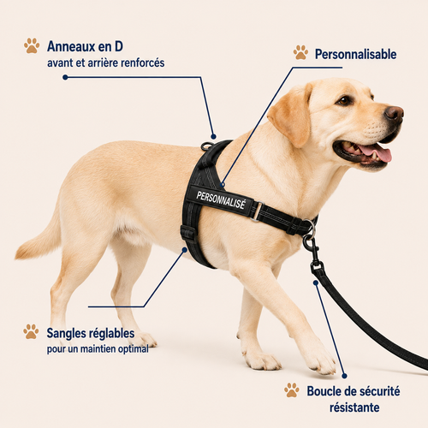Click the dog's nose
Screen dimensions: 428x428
pyautogui.click(x=395, y=113)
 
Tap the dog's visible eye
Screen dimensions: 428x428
pyautogui.click(x=344, y=100)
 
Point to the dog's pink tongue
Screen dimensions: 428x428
pyautogui.click(x=376, y=152)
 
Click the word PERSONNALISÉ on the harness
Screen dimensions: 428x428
pyautogui.click(x=221, y=200)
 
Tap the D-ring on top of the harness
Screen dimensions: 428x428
pyautogui.click(x=207, y=146)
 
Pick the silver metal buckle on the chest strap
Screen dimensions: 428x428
pyautogui.click(x=258, y=211)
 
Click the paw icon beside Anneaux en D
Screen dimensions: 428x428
pyautogui.click(x=32, y=45)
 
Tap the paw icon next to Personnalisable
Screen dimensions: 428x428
pyautogui.click(x=300, y=52)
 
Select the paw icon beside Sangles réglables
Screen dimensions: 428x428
pyautogui.click(x=31, y=331)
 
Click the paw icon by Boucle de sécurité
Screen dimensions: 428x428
pyautogui.click(x=292, y=389)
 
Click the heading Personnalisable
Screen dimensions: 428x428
pyautogui.click(x=355, y=54)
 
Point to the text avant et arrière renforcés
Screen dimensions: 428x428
pyautogui.click(x=106, y=63)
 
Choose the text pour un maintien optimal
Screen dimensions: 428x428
pyautogui.click(x=98, y=349)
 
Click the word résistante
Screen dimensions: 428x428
pyautogui.click(x=354, y=407)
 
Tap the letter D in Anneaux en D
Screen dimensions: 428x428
pyautogui.click(x=119, y=46)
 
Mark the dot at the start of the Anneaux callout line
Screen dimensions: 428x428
pyautogui.click(x=65, y=77)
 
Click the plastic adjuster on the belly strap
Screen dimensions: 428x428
pyautogui.click(x=188, y=234)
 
